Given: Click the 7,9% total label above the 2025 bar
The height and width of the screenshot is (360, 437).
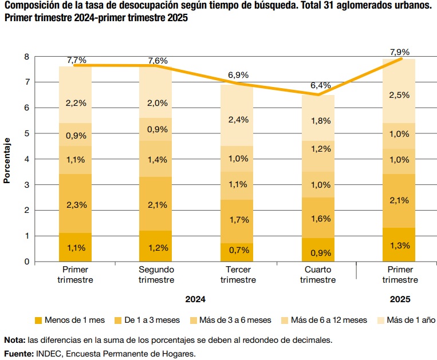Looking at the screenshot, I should click(400, 52).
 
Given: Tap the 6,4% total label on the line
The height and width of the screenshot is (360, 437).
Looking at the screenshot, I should click(320, 85).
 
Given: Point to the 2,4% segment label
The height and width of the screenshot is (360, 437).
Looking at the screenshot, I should click(238, 120).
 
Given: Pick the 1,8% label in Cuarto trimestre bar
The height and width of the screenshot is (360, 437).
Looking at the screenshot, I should click(320, 120).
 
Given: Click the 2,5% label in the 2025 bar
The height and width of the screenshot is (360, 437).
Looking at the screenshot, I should click(400, 95).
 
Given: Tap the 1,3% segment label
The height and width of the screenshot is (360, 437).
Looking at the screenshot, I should click(400, 246).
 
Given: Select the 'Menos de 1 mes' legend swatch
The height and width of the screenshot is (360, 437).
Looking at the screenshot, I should click(39, 321).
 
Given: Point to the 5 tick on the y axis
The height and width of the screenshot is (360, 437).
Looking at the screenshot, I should click(26, 133).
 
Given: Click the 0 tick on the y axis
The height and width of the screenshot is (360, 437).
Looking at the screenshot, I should click(26, 262).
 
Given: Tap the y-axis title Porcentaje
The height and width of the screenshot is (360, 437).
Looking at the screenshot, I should click(7, 160).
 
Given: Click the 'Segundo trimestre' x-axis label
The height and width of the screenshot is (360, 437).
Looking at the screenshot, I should click(156, 275).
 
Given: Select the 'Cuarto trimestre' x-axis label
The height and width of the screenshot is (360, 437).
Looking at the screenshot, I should click(318, 275).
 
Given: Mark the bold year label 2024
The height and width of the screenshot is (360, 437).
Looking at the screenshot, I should click(195, 299).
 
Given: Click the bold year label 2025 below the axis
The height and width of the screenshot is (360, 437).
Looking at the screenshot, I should click(400, 299).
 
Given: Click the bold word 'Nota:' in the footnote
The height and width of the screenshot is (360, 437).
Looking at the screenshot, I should click(14, 340).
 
